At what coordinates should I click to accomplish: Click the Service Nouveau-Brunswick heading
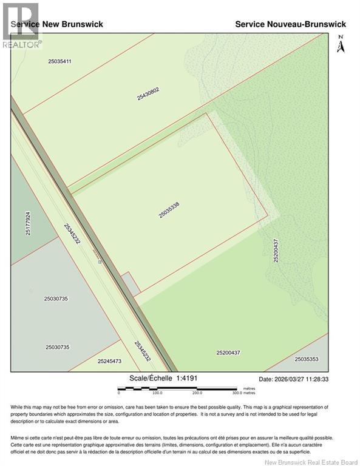pyautogui.click(x=290, y=24)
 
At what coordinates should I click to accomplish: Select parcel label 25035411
pyautogui.click(x=59, y=61)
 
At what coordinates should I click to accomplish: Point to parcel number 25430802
pyautogui.click(x=148, y=93)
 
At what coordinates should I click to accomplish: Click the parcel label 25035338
pyautogui.click(x=169, y=211)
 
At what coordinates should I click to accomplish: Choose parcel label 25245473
pyautogui.click(x=109, y=361)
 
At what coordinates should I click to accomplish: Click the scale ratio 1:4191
pyautogui.click(x=186, y=378)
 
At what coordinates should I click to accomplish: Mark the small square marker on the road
pyautogui.click(x=100, y=262)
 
